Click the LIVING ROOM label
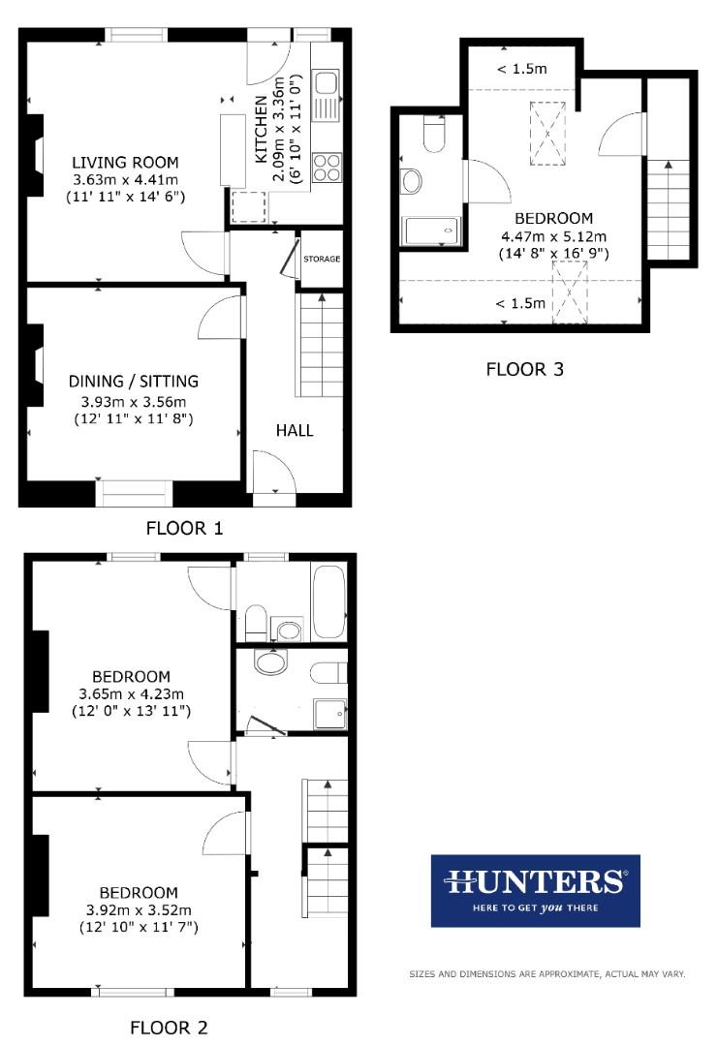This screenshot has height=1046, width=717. pyautogui.click(x=125, y=162)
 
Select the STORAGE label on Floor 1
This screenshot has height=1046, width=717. pyautogui.click(x=322, y=260)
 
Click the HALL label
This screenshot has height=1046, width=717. pyautogui.click(x=295, y=430)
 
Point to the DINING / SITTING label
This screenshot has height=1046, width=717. pyautogui.click(x=133, y=381)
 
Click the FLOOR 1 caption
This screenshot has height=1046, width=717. pyautogui.click(x=184, y=528)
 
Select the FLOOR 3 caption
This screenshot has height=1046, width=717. pyautogui.click(x=524, y=368)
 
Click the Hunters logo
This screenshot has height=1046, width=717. pyautogui.click(x=535, y=890)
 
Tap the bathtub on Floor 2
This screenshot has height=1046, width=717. pyautogui.click(x=328, y=600)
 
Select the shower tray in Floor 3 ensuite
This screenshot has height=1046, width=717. pyautogui.click(x=429, y=231)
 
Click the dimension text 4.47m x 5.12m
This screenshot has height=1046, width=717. pyautogui.click(x=553, y=236)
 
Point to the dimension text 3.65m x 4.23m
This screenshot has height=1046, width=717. pyautogui.click(x=131, y=693)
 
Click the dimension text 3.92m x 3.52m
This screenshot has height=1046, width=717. pyautogui.click(x=138, y=909)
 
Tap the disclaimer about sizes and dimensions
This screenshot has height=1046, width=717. pyautogui.click(x=546, y=973)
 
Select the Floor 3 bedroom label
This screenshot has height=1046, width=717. pyautogui.click(x=553, y=219)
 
